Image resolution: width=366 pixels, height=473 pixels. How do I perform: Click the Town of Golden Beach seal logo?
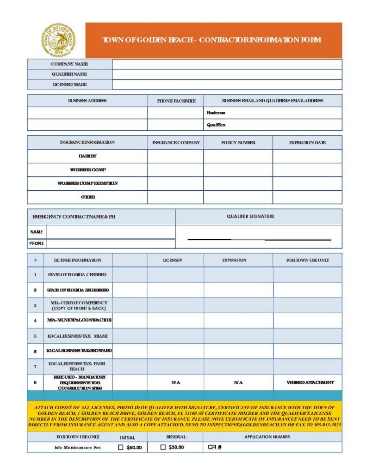pos(58,40)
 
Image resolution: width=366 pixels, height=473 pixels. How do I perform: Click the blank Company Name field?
pos(227,64)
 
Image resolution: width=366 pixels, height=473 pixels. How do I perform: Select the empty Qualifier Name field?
pos(227,74)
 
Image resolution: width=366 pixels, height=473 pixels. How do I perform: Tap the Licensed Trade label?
pos(69,85)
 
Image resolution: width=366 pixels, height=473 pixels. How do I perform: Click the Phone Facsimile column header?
pos(176,101)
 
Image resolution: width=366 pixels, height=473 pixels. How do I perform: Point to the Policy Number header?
pos(238,143)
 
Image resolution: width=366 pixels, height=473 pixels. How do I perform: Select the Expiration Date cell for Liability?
pos(307,157)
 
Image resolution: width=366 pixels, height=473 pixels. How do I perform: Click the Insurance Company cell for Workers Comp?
pos(175,170)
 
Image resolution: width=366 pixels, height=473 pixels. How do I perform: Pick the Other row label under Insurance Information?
pos(87,197)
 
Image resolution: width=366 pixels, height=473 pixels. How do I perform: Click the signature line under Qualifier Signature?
pos(259,240)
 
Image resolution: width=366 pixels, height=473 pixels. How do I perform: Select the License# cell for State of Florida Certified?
pos(175,275)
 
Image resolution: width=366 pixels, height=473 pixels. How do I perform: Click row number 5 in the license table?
pos(35,336)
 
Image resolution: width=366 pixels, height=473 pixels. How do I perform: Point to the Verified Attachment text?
pos(310,382)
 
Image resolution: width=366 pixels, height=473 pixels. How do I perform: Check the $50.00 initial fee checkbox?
pos(121,447)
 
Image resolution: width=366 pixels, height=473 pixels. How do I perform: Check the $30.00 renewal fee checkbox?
pos(163,447)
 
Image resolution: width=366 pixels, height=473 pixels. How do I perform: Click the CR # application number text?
pos(215,447)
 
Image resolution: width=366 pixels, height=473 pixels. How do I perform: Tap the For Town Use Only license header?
pos(308,260)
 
